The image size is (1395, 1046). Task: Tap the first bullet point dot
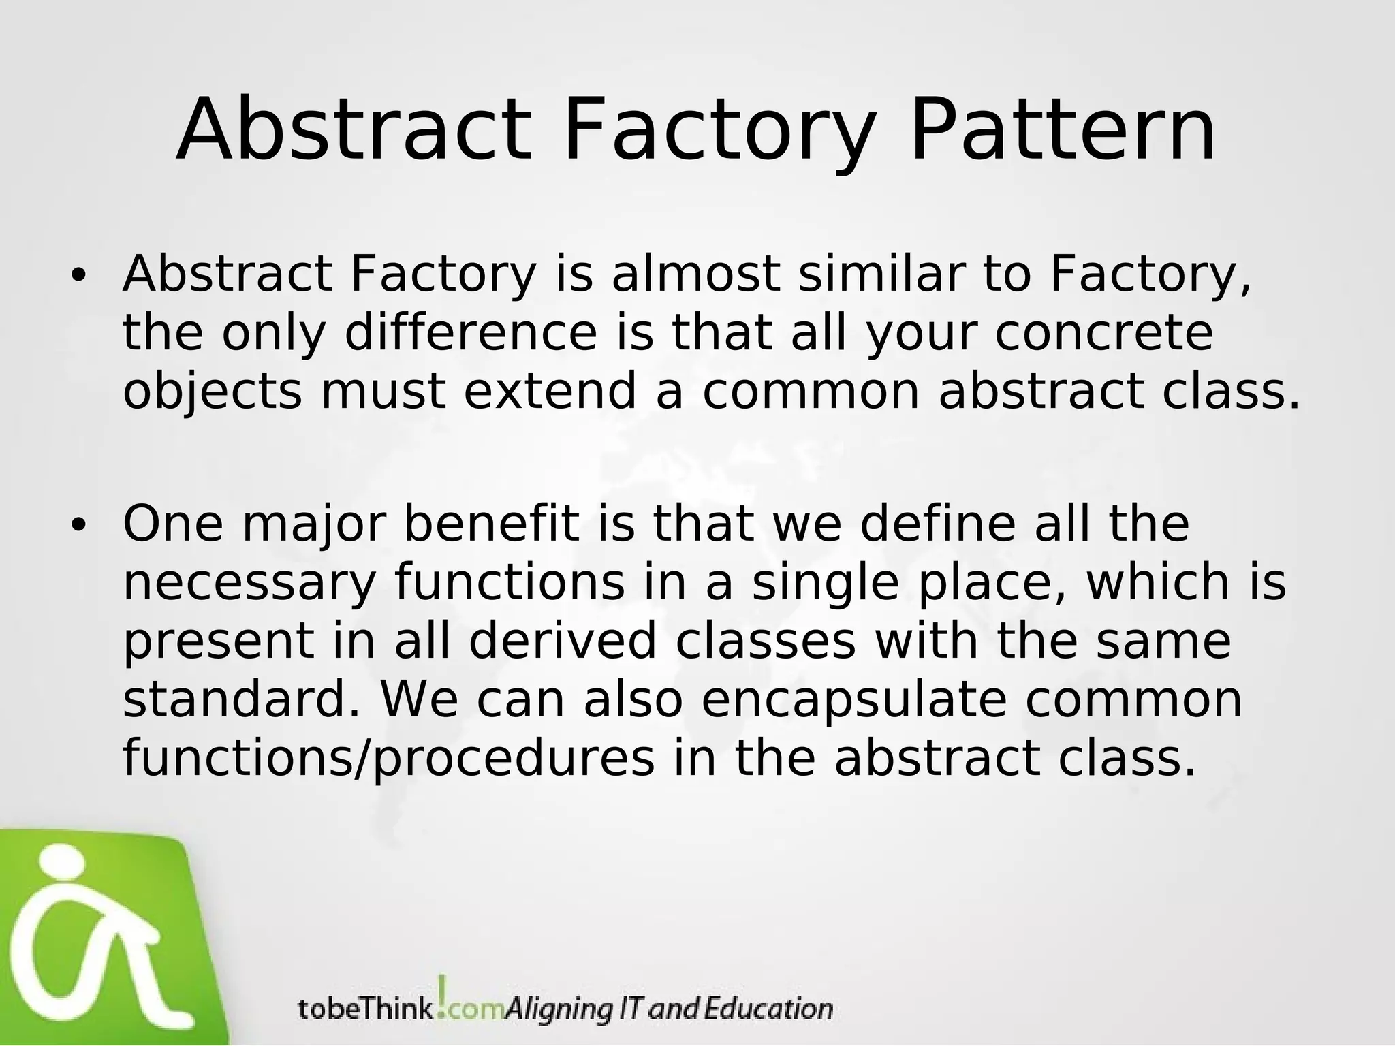79,276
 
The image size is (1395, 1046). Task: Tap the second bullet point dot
79,525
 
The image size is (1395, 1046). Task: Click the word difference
470,333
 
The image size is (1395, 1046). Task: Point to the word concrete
1104,333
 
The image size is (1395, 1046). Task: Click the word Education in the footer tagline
768,1008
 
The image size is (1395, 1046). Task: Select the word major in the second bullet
313,525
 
